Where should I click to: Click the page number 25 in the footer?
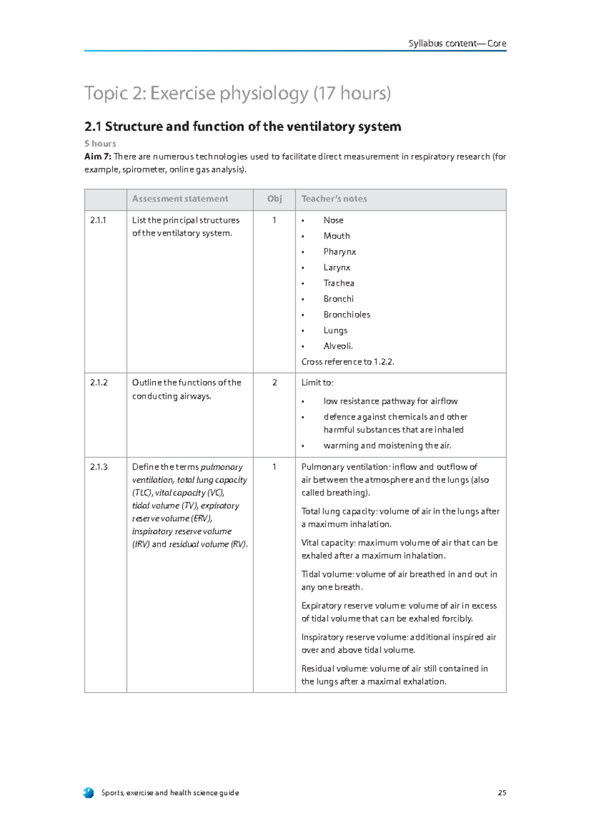[x=502, y=793]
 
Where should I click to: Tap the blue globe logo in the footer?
[x=89, y=793]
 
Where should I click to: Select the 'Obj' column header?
[x=274, y=199]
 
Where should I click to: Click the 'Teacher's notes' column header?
[x=334, y=199]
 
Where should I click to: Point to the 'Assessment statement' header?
[x=180, y=199]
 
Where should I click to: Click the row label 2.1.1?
[x=98, y=220]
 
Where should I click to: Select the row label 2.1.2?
[x=98, y=383]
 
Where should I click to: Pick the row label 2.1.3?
[x=98, y=467]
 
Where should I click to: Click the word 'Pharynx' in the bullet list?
[x=339, y=252]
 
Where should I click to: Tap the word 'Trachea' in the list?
[x=339, y=283]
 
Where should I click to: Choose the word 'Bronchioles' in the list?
[x=347, y=314]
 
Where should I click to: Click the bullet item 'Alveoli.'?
[x=338, y=346]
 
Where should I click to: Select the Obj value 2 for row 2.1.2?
[x=274, y=383]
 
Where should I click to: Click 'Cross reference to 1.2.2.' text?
[x=348, y=362]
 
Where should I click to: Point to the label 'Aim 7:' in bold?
[x=98, y=157]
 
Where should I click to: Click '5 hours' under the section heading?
[x=100, y=143]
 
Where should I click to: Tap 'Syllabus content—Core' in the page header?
[x=457, y=43]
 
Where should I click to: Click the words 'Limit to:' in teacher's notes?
[x=317, y=383]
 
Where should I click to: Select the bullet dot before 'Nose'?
[x=303, y=221]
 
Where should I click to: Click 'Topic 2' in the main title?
[x=115, y=93]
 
